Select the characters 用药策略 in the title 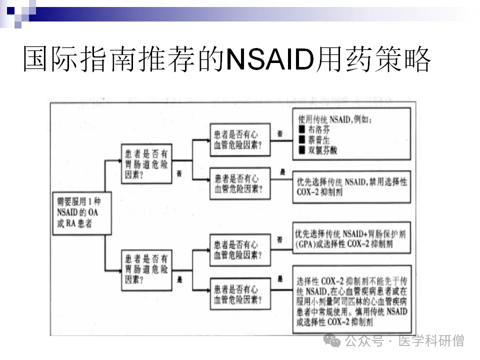pos(372,61)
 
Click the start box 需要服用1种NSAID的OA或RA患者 pos(78,212)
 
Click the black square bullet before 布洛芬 pos(301,130)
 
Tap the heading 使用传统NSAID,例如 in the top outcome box pos(335,120)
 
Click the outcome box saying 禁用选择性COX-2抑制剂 pos(352,187)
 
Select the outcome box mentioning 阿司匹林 pos(352,299)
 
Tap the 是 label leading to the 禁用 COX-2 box pos(282,172)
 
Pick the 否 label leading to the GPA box pos(280,240)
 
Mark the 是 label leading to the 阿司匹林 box pos(280,279)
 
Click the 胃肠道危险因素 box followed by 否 pos(146,164)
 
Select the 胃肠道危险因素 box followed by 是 pos(146,270)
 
